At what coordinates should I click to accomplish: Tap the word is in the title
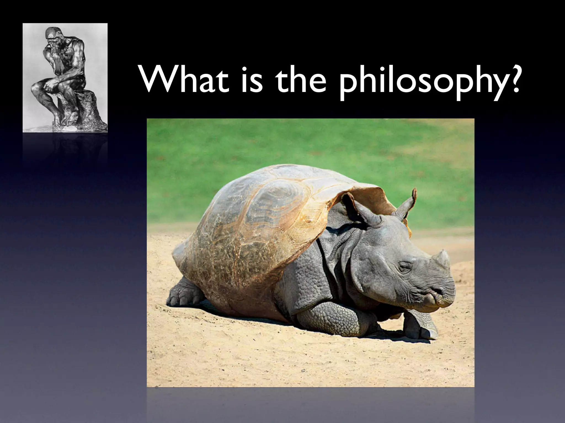251,80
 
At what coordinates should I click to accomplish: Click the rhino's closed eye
406,266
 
